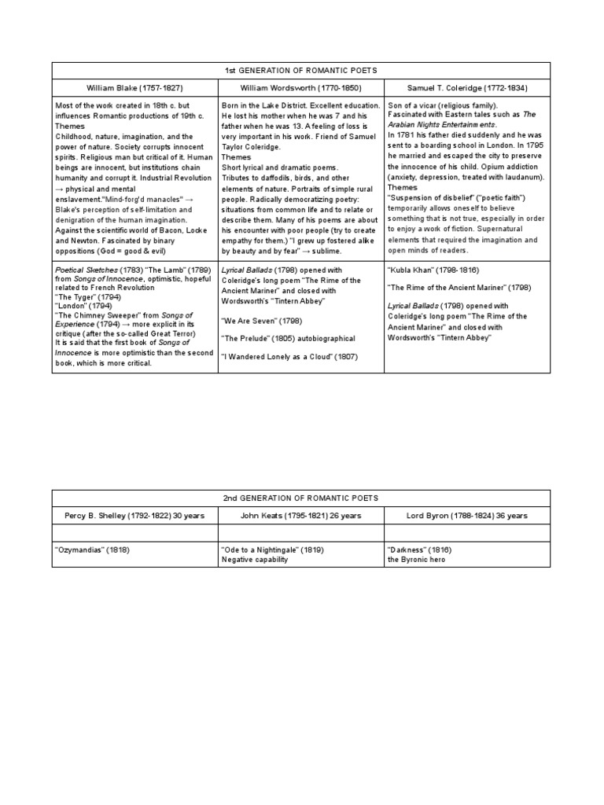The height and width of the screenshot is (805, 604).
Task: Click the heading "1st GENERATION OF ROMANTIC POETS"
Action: [301, 70]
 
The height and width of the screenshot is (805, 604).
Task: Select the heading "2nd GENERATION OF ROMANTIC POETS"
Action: [301, 498]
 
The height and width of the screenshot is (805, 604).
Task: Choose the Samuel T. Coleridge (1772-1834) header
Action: [467, 88]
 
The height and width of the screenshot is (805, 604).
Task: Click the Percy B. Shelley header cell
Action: [134, 516]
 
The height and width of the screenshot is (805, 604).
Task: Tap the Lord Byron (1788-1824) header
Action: [467, 516]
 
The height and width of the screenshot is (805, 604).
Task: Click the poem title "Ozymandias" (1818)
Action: [92, 550]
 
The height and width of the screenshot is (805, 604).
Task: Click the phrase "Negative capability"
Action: [255, 559]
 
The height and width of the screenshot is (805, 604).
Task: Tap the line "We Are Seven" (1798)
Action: [262, 320]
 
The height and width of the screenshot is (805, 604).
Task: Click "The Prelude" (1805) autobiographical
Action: [288, 338]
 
